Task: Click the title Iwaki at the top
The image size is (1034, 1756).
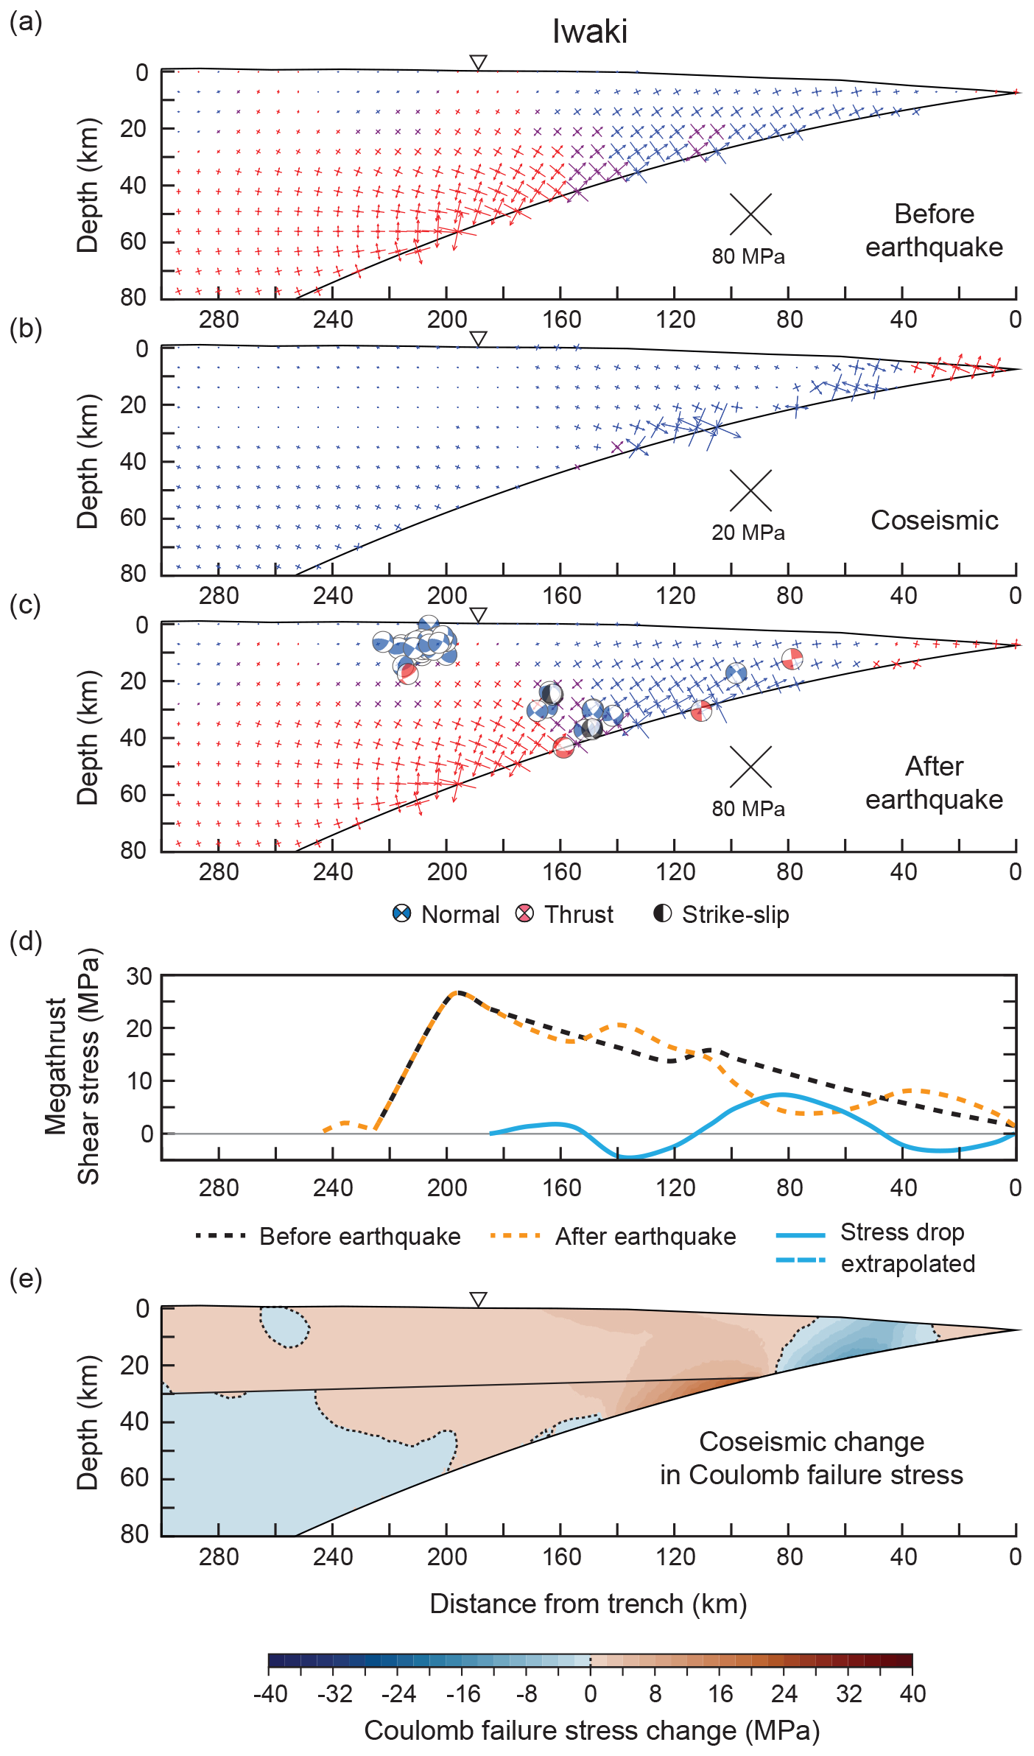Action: [x=590, y=32]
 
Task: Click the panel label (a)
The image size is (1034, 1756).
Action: [x=26, y=22]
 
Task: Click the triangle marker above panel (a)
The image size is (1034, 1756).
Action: [x=479, y=63]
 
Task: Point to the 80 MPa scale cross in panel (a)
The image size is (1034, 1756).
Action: [x=750, y=214]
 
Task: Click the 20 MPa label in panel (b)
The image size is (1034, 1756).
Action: [x=748, y=533]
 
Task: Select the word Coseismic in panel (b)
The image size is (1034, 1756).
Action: [x=935, y=520]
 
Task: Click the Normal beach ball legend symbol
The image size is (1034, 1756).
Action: [x=401, y=914]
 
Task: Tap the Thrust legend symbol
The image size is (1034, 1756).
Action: [x=524, y=914]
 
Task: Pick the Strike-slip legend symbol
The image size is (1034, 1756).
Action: [x=663, y=913]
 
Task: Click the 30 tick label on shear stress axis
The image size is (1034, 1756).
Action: [x=139, y=976]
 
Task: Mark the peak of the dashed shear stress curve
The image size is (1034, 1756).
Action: [x=457, y=992]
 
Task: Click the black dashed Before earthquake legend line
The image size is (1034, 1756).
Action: [x=220, y=1235]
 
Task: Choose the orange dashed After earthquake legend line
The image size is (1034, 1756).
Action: [x=516, y=1235]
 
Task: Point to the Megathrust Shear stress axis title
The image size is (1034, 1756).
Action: [x=72, y=1066]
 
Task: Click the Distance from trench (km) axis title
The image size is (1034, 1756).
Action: [x=588, y=1604]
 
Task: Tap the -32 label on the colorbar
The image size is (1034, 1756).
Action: [x=335, y=1693]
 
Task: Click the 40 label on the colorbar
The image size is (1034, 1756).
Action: [x=912, y=1693]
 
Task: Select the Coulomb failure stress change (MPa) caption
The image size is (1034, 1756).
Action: [x=591, y=1730]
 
